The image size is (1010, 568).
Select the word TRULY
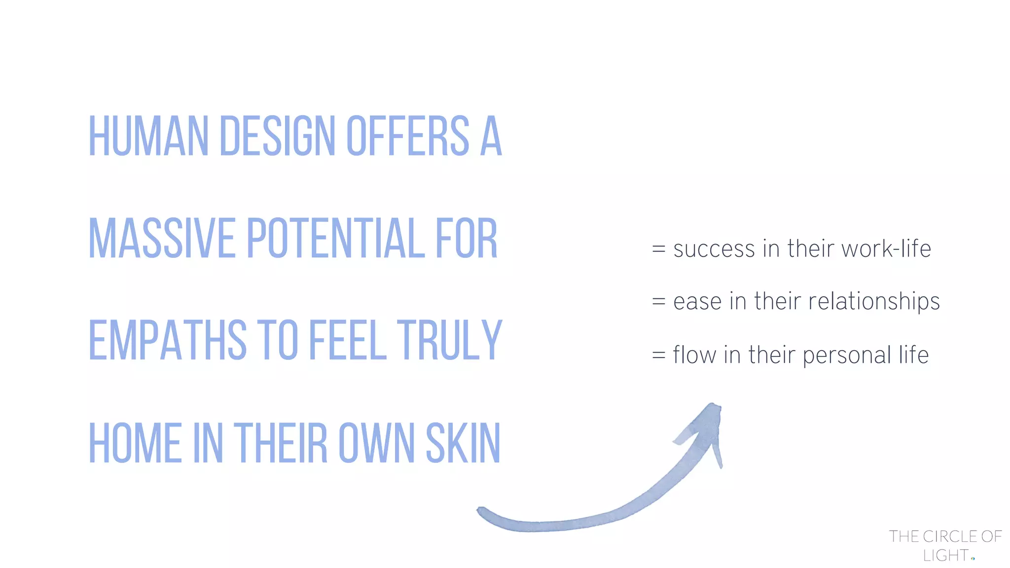450,340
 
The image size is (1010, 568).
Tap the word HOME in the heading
135,443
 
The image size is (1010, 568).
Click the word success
714,249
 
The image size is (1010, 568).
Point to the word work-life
886,248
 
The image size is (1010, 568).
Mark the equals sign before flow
659,355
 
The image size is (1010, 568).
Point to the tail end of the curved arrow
481,511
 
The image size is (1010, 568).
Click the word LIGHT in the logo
945,556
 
